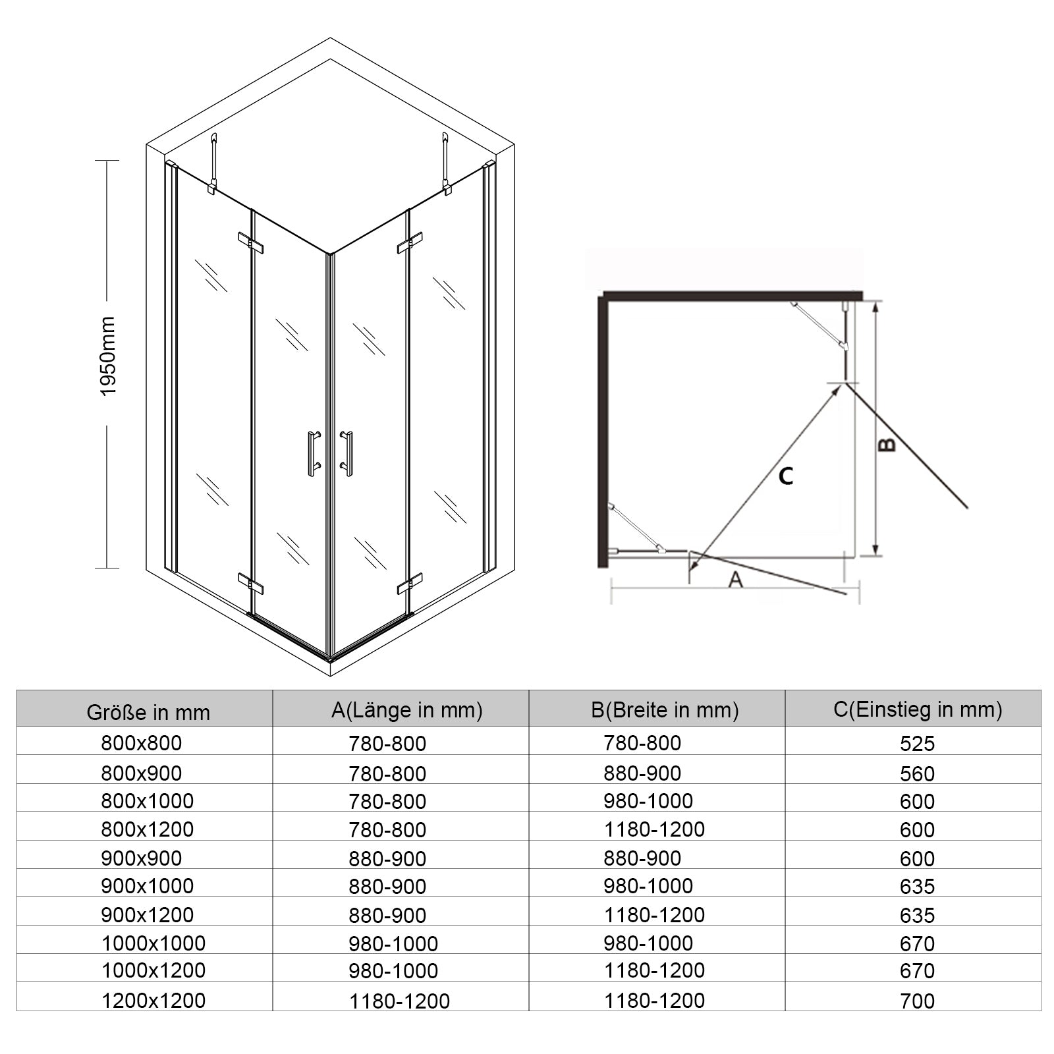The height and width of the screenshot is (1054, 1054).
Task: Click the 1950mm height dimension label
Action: [x=107, y=356]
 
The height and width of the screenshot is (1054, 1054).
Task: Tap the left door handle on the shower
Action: [x=314, y=454]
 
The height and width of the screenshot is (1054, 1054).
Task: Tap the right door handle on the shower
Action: [x=347, y=454]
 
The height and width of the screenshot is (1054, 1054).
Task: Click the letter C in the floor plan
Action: [x=785, y=476]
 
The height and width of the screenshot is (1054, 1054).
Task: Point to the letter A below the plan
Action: [x=736, y=579]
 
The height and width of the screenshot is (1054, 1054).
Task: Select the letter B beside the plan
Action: [x=887, y=445]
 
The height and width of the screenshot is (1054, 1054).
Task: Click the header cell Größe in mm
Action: [x=148, y=712]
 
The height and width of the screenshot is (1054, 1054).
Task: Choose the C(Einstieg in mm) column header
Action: [x=918, y=709]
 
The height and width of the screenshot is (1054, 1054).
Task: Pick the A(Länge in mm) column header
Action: [x=407, y=709]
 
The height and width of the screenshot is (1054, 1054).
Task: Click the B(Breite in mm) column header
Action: [x=665, y=709]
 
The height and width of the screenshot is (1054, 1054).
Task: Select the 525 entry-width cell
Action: [x=917, y=743]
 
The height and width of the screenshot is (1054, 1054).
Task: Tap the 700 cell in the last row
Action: [x=917, y=1001]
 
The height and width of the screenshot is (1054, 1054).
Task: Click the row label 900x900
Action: [x=141, y=858]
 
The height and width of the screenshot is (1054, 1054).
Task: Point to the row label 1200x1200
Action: [x=153, y=1000]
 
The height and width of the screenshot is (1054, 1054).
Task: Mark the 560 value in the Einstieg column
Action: [x=917, y=773]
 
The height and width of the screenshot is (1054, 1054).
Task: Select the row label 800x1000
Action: [x=148, y=800]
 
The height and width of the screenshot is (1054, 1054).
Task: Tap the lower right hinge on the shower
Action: [x=409, y=584]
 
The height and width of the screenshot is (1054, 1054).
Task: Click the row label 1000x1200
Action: [x=153, y=970]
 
